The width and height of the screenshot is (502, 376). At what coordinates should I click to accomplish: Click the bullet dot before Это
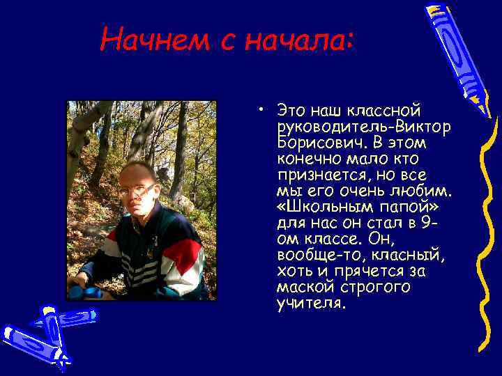point(259,110)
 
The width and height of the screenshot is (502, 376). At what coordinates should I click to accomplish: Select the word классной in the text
point(389,111)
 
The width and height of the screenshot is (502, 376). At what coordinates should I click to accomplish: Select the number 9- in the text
point(430,222)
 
